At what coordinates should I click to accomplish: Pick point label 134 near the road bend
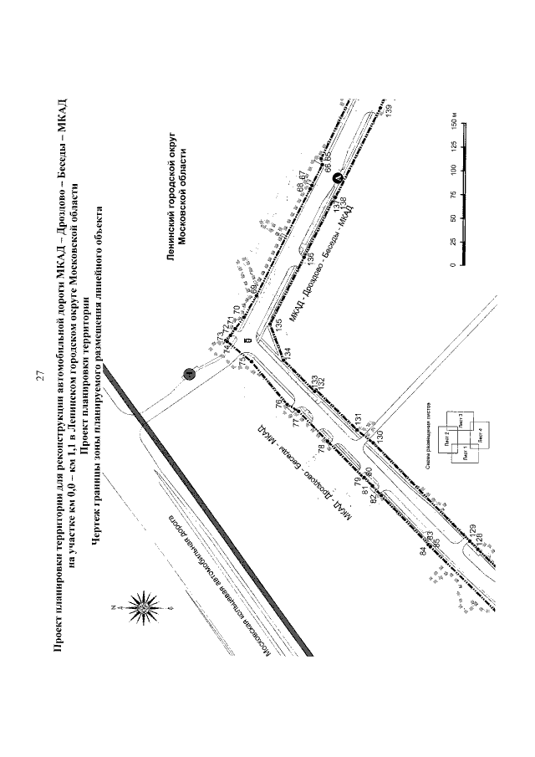pos(287,353)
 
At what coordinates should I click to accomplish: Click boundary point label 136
pos(311,258)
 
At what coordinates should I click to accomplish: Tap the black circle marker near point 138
pos(336,178)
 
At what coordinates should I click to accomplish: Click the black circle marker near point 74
pos(189,374)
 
